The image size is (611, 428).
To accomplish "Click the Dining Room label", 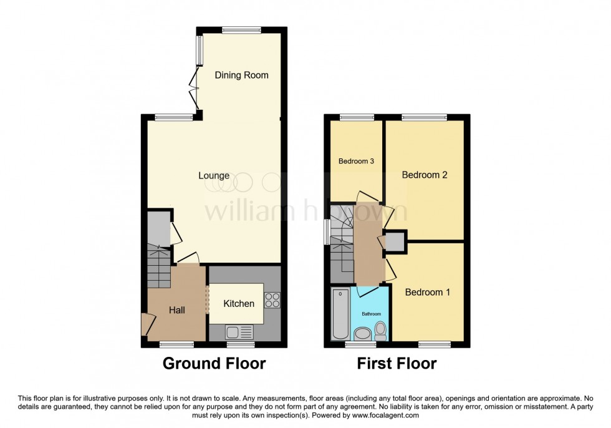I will coord(241,75).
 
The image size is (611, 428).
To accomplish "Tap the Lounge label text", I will coord(214,176).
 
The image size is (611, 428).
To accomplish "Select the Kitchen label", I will coord(239,304).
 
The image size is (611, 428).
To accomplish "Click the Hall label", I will coord(176,309).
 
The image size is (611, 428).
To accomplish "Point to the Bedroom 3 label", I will coord(356,161).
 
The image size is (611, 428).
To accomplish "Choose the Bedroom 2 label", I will coord(425,175).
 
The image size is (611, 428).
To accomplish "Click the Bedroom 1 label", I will coord(428,292).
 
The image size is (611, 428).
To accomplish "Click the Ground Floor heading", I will coord(214,363).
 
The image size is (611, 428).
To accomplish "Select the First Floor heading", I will coord(397,363).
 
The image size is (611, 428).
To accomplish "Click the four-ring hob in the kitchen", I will coord(272,300).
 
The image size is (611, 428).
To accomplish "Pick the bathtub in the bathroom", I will coord(340,314).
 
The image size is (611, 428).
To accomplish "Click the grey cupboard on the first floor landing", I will coord(395,241).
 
